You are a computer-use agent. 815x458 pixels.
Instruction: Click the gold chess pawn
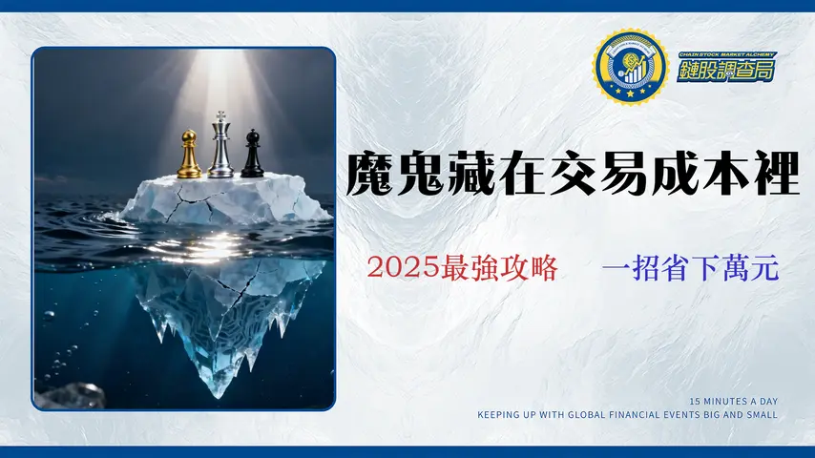tap(189, 156)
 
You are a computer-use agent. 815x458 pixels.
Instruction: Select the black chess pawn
tap(252, 155)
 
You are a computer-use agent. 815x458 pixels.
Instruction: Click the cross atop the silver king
tap(220, 115)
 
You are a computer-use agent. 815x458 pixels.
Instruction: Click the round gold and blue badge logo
tap(628, 67)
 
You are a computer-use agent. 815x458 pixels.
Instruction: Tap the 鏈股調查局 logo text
tap(726, 69)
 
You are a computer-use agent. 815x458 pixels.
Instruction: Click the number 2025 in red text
tap(402, 268)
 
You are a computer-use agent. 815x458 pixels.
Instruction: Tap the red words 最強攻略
tap(497, 268)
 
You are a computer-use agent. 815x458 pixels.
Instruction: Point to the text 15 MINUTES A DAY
tap(734, 402)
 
